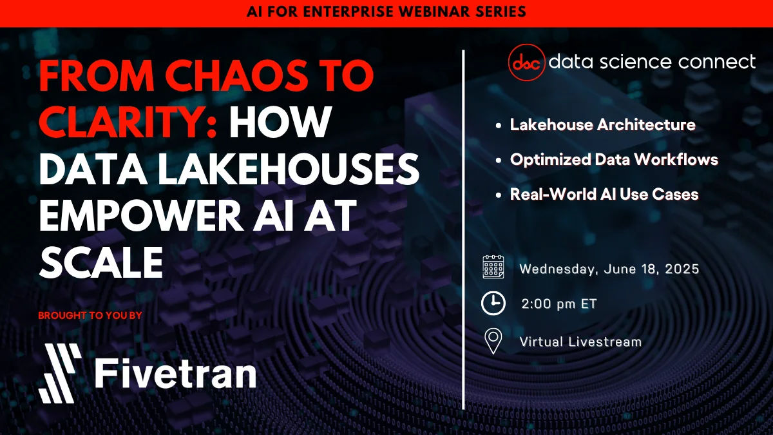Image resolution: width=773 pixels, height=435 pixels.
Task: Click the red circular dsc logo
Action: click(527, 62)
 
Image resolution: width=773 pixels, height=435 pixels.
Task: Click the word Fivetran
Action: click(176, 373)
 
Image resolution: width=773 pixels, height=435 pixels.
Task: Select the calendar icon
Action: click(493, 267)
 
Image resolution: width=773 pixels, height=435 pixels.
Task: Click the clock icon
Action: click(493, 304)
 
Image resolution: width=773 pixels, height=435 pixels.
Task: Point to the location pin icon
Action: click(493, 341)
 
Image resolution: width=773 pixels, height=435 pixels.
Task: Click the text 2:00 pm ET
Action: click(559, 304)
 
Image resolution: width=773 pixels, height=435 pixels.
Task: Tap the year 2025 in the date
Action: click(682, 269)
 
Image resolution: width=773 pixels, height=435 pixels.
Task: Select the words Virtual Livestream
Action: click(580, 342)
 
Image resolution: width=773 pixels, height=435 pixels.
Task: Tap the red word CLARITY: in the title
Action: click(128, 122)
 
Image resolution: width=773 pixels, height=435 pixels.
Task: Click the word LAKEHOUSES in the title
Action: click(289, 169)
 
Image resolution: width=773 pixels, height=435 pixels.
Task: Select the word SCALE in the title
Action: click(100, 262)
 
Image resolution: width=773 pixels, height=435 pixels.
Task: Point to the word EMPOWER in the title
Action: click(142, 215)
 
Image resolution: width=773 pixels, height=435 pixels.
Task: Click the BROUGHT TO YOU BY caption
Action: click(90, 316)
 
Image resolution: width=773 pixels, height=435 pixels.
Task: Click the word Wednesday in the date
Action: click(558, 269)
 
